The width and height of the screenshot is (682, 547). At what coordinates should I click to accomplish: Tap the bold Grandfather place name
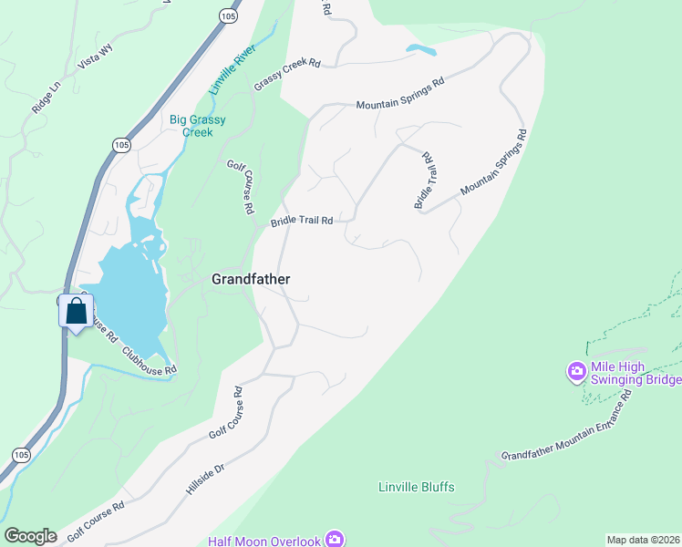coord(251,280)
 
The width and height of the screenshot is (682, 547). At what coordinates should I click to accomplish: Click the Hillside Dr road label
coord(205,478)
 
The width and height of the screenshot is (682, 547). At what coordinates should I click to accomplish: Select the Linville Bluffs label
coord(416,487)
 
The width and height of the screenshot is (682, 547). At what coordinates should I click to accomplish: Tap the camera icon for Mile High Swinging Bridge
coord(576,372)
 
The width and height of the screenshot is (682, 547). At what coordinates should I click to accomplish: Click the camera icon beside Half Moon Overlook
coord(336,541)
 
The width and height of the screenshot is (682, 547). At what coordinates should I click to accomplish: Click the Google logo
coord(30,536)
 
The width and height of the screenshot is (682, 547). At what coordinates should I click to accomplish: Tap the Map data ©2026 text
coord(643,540)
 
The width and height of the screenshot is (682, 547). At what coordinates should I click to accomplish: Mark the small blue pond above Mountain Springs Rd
coord(420,49)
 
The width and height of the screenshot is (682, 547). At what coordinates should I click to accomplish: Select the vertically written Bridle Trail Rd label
coord(426,181)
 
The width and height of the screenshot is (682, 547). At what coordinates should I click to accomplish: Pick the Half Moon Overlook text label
coord(264,542)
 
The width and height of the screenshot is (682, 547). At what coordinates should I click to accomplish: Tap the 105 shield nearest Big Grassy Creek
coord(121,144)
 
